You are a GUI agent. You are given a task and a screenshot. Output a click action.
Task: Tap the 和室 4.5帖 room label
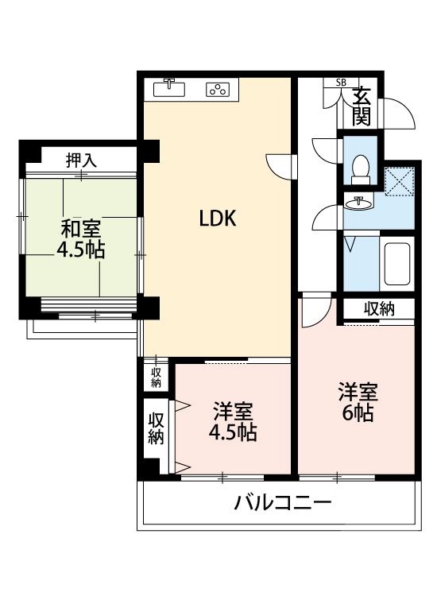point(80,239)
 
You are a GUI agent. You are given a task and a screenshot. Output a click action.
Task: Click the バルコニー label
point(282,502)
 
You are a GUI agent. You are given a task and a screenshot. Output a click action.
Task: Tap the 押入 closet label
point(80,159)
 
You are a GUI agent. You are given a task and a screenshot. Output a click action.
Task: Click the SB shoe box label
point(341,83)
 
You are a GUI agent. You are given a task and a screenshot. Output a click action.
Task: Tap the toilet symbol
point(360,168)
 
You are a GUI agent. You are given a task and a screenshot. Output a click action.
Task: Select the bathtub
point(396,265)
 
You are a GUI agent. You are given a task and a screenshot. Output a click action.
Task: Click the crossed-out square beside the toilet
point(399,180)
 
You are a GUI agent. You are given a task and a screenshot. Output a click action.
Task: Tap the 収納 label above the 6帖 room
point(379,308)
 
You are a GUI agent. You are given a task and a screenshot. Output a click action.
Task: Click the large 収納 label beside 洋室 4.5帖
point(155,427)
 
